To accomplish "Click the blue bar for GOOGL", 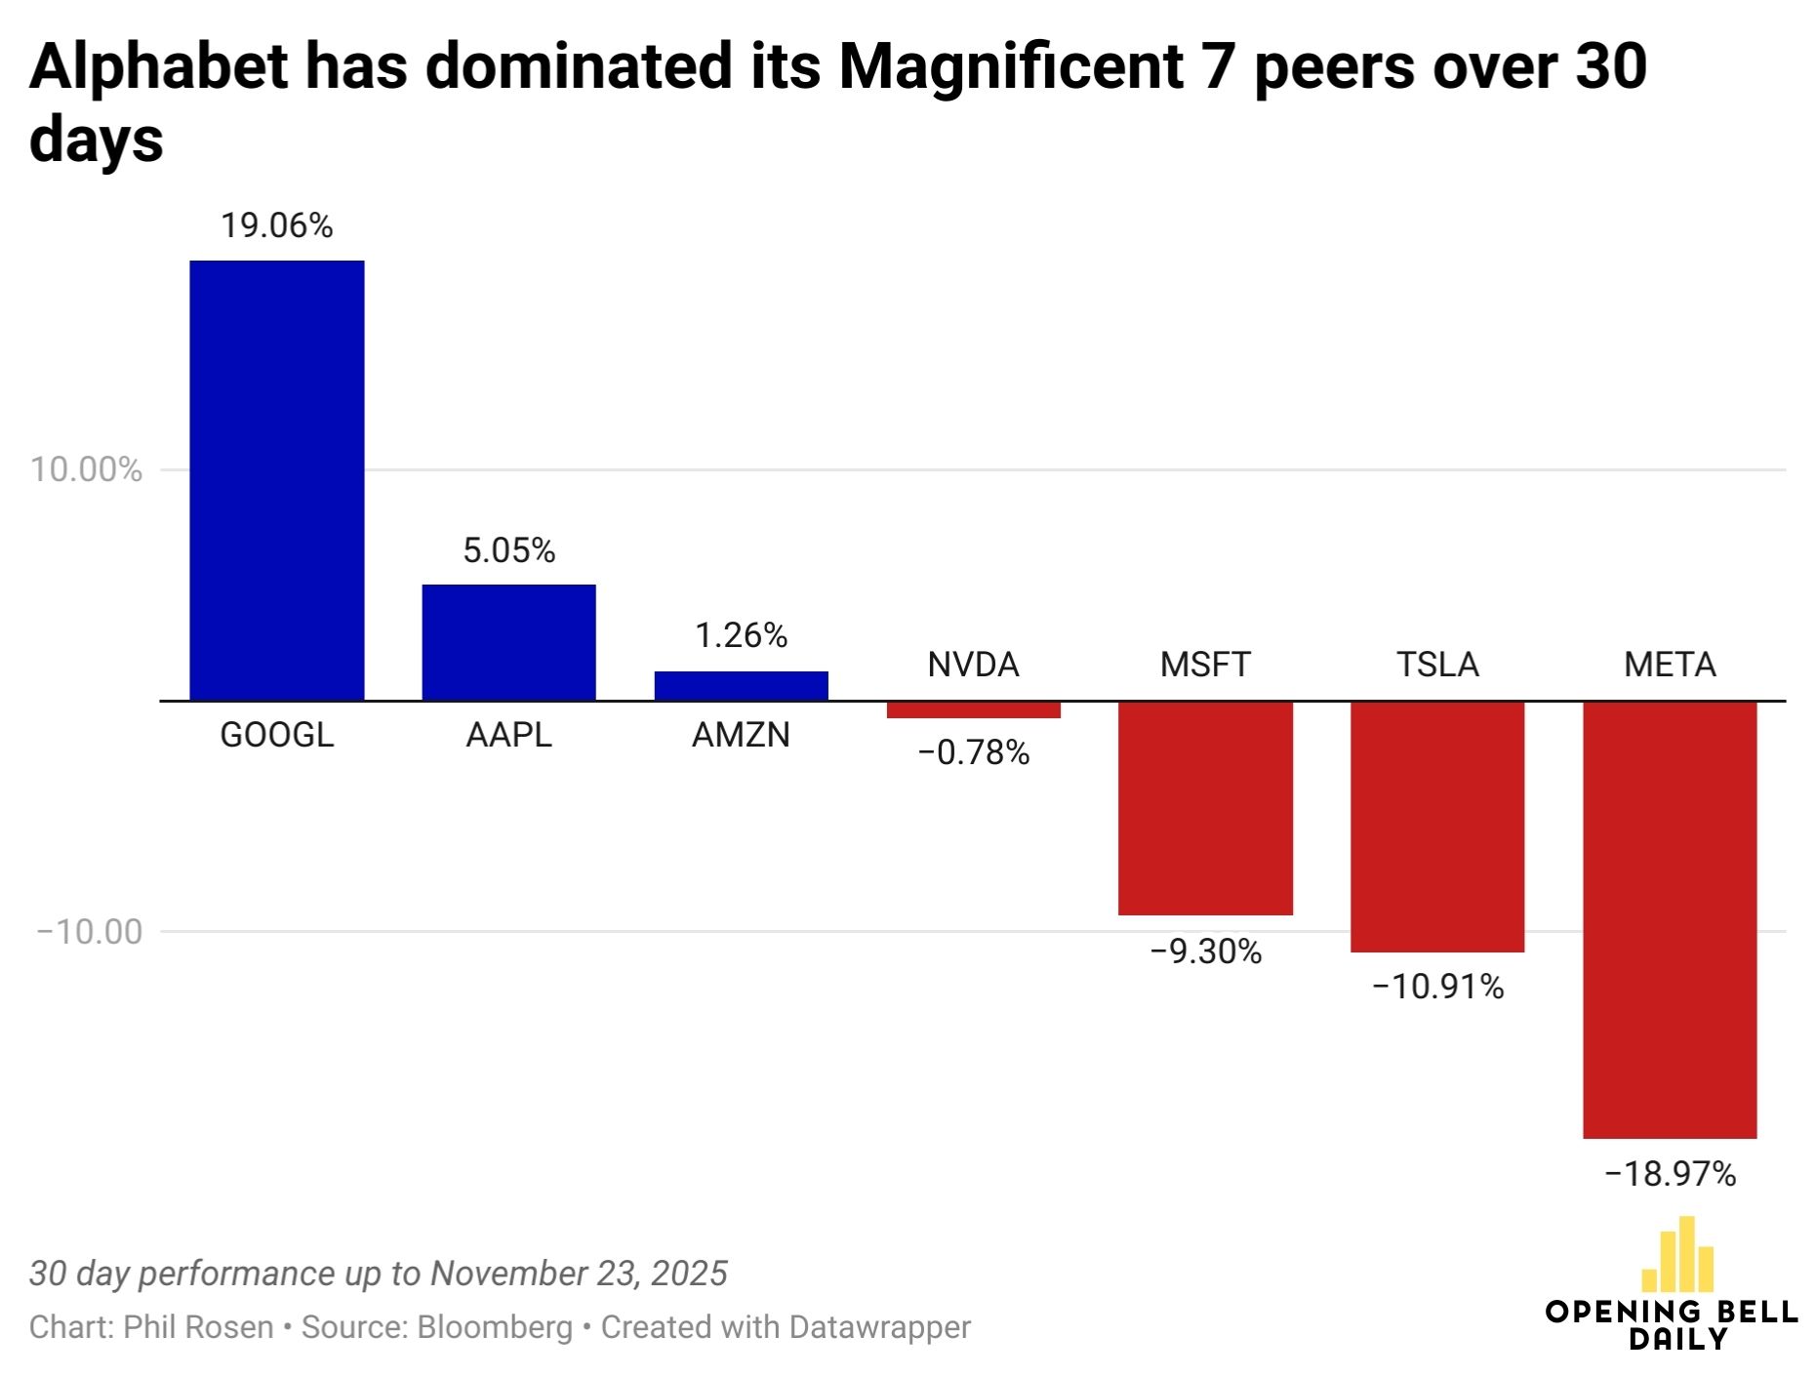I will click(x=277, y=480).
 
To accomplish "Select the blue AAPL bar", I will click(x=508, y=642).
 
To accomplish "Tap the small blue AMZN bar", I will click(x=741, y=686).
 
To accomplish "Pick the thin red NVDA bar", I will click(x=973, y=709).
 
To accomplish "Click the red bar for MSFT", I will click(x=1205, y=808).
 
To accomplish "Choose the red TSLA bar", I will click(x=1437, y=827).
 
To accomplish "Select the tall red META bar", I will click(x=1670, y=919).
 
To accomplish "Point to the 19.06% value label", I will click(x=277, y=225).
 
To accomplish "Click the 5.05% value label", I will click(x=508, y=550).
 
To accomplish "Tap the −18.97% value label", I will click(x=1670, y=1173).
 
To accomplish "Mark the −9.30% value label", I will click(x=1205, y=951).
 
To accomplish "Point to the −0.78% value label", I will click(x=973, y=752).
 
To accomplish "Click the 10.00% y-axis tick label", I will click(x=86, y=469).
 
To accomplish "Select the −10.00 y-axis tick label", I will click(x=89, y=931).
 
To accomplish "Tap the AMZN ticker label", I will click(x=741, y=734).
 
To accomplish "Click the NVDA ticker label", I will click(x=973, y=665).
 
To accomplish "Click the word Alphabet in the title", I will click(x=158, y=66).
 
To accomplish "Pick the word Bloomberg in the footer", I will click(x=495, y=1327).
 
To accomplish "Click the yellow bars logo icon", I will click(x=1677, y=1254).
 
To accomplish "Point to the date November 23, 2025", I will click(x=579, y=1274).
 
